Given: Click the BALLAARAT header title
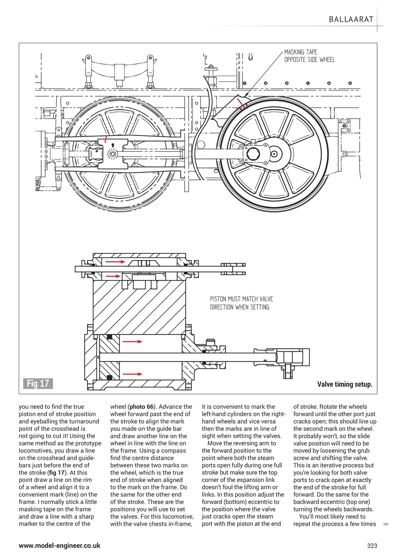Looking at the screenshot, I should pyautogui.click(x=351, y=19).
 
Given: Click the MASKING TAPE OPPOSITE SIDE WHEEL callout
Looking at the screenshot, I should pyautogui.click(x=309, y=56).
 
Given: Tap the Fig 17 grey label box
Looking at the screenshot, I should pyautogui.click(x=38, y=384).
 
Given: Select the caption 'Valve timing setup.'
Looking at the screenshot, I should pyautogui.click(x=344, y=385).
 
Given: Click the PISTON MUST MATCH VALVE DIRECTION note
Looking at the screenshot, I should pyautogui.click(x=241, y=303).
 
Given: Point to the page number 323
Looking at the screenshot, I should pyautogui.click(x=371, y=546).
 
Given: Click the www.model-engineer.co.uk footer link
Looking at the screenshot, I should pyautogui.click(x=60, y=546).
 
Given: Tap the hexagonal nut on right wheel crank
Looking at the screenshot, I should pyautogui.click(x=253, y=154).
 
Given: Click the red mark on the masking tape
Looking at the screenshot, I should pyautogui.click(x=241, y=103).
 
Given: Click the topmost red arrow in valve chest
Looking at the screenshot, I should pyautogui.click(x=115, y=262).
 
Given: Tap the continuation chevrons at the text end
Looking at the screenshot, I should pyautogui.click(x=385, y=524).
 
